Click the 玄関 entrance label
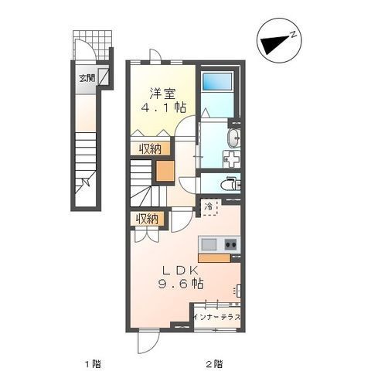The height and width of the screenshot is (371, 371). coord(87,78)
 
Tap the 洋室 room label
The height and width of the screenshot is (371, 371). coord(163,94)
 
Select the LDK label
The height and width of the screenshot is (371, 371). coord(180,271)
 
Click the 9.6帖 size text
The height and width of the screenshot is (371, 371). coord(181,284)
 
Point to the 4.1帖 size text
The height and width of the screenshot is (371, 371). coord(164,107)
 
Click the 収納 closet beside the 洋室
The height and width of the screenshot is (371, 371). coord(150,148)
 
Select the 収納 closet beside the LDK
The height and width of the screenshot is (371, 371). coord(147,219)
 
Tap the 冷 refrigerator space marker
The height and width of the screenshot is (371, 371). coord(209,206)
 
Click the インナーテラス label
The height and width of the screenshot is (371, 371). coord(216,317)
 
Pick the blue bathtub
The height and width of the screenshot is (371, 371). coord(217,81)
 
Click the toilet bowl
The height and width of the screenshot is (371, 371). coord(228,185)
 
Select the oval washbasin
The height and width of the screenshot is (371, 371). coord(234,138)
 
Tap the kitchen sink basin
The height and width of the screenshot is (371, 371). coord(209,244)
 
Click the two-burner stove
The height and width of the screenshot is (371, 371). coord(230,244)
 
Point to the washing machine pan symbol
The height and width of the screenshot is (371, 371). coord(232,159)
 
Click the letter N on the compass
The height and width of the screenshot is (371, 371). coord(293,35)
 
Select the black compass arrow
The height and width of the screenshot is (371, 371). coord(275,45)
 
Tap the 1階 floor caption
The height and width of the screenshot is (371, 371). coord(93,364)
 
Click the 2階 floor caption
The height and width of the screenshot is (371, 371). coord(214,364)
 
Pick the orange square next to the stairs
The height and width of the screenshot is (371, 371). coord(165,171)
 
